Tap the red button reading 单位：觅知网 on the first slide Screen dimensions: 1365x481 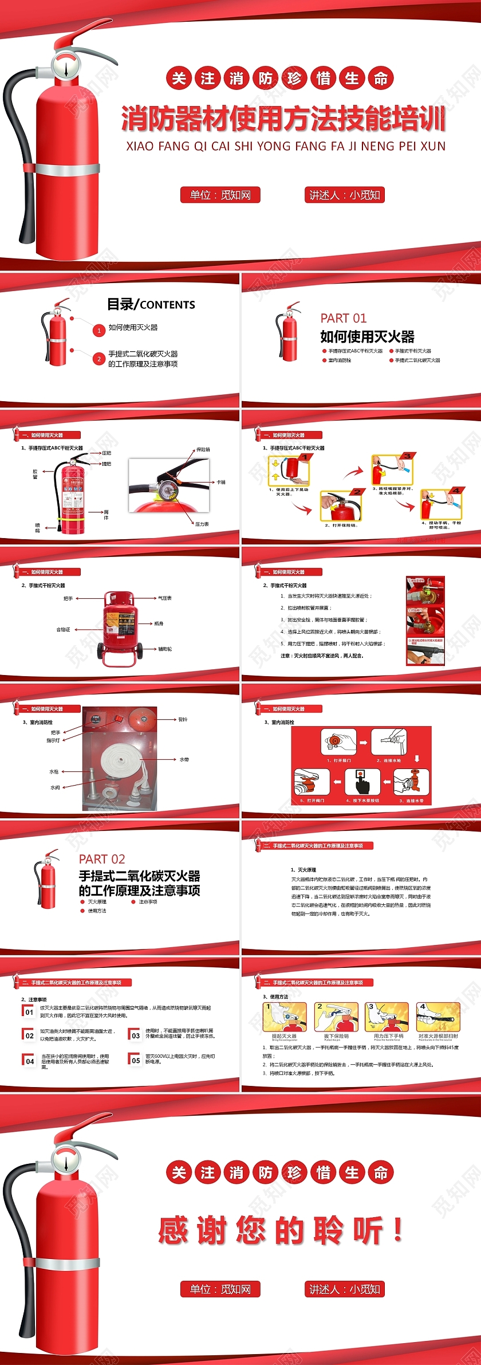click(x=220, y=195)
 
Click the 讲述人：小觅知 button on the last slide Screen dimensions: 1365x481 click(x=345, y=1289)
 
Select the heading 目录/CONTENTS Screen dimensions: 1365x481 click(x=151, y=304)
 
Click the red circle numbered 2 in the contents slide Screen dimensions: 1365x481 click(x=99, y=359)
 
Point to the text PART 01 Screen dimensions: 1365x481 click(x=343, y=318)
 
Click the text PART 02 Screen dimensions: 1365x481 click(x=102, y=859)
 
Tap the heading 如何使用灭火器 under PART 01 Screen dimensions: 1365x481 click(x=367, y=336)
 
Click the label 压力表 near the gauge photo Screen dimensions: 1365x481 click(x=202, y=524)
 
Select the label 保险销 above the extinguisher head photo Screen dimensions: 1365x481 click(x=203, y=449)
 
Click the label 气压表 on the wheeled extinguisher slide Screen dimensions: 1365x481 click(x=165, y=598)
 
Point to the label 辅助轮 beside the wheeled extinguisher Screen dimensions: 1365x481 click(x=165, y=649)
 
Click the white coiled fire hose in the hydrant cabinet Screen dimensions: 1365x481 click(x=121, y=760)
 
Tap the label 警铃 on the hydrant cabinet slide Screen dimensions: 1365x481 click(x=183, y=719)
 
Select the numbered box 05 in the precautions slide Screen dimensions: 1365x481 click(x=136, y=1060)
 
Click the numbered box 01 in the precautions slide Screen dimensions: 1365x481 click(x=29, y=1012)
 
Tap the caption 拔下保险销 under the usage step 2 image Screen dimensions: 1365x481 click(x=336, y=1035)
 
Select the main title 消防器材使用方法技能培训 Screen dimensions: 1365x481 click(x=283, y=119)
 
